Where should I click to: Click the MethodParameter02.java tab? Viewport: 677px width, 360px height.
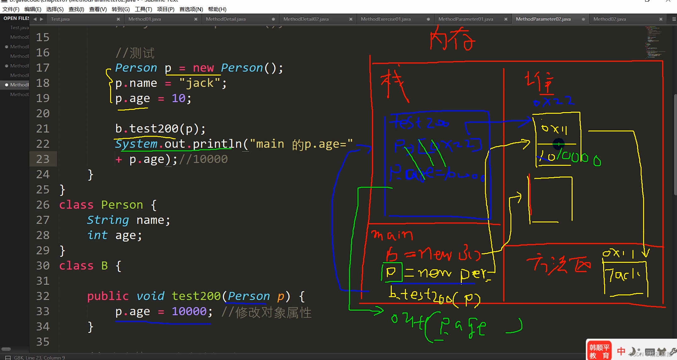coord(543,19)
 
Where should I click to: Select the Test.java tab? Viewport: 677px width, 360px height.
coord(60,19)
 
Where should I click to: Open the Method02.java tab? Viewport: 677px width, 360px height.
coord(609,19)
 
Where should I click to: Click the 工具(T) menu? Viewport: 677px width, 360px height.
coord(143,9)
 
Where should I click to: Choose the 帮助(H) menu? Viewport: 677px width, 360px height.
coord(217,9)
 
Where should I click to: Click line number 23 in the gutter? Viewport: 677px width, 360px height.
coord(43,159)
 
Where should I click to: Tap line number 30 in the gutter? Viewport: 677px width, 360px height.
coord(43,266)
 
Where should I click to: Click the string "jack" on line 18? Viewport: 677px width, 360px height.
coord(200,83)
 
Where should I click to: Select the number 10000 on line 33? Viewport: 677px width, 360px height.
coord(189,312)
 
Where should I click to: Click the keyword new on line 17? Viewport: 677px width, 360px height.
coord(203,68)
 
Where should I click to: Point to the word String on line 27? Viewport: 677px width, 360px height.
coord(108,220)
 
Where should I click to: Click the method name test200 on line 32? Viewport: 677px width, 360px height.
coord(196,296)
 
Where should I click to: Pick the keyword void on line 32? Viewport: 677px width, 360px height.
coord(150,296)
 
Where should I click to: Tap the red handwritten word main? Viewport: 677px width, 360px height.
coord(392,235)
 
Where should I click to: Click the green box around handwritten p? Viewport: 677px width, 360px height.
coord(392,272)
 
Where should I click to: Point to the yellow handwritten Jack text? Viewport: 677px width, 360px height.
coord(624,275)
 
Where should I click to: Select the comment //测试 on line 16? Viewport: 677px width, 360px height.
coord(135,53)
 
